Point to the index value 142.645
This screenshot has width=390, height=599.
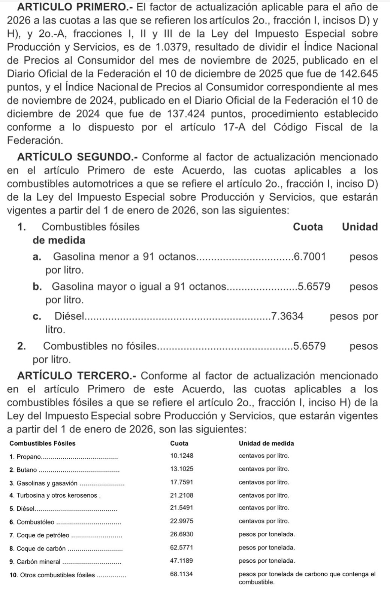coord(358,74)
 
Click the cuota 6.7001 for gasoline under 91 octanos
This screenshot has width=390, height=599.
coord(310,257)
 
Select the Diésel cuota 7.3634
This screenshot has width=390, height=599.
coord(287,316)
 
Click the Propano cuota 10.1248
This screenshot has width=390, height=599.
coord(182,456)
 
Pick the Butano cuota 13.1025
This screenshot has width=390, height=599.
coord(182,469)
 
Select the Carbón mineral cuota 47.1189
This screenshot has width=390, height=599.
coord(182,561)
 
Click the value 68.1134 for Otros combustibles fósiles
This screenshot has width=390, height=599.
coord(182,574)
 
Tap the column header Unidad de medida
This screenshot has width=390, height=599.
coord(266,443)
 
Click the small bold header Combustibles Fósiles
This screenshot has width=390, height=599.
coord(42,443)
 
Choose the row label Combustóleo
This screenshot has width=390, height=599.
coord(36,522)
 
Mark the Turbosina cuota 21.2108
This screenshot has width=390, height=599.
coord(182,495)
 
